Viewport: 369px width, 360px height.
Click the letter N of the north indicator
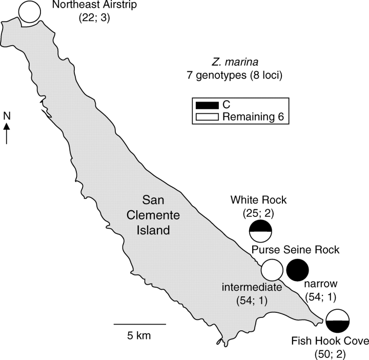tap(7, 115)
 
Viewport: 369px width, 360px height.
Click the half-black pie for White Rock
tap(260, 231)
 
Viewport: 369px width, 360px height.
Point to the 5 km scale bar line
tap(139, 324)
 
